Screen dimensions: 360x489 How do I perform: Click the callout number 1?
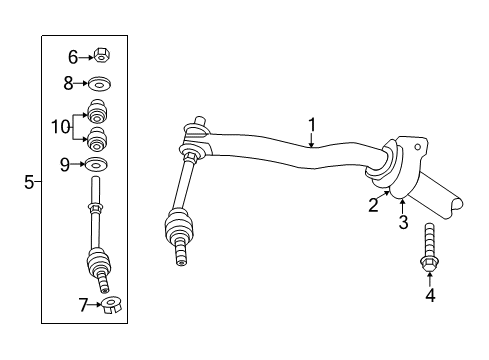[312, 125]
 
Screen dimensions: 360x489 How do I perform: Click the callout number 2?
[372, 205]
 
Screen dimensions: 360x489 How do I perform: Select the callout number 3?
[403, 222]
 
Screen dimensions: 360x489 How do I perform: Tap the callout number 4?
[429, 295]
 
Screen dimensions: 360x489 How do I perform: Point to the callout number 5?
[29, 182]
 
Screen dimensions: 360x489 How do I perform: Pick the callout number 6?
[73, 58]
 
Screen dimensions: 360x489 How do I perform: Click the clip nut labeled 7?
[111, 304]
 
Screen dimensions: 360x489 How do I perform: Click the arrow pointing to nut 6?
[87, 58]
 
